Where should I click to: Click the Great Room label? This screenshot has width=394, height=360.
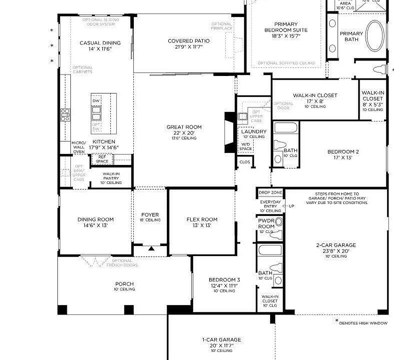(x=184, y=127)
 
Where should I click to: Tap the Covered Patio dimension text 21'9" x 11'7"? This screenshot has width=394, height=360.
(x=188, y=47)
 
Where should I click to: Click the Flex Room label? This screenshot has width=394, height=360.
(x=202, y=219)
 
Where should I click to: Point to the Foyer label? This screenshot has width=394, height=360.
(x=150, y=215)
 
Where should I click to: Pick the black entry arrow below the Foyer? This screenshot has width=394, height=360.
(x=151, y=248)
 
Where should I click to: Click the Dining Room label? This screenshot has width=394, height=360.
(x=95, y=219)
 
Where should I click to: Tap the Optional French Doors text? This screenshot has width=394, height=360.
(x=122, y=262)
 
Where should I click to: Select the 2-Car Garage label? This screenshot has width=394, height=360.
(x=336, y=245)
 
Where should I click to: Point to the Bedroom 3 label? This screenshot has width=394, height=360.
(x=224, y=279)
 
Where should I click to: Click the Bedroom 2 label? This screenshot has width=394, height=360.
(x=343, y=151)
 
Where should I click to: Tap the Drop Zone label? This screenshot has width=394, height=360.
(x=270, y=192)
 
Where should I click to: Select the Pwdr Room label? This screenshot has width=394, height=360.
(x=266, y=224)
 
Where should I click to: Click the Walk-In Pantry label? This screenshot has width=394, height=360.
(x=111, y=176)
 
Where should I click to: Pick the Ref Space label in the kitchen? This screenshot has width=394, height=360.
(x=102, y=159)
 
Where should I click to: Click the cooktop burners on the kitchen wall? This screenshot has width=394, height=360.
(x=65, y=115)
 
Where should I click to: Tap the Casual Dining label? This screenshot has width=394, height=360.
(x=100, y=43)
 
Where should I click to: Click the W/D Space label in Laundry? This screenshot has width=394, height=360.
(x=245, y=146)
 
